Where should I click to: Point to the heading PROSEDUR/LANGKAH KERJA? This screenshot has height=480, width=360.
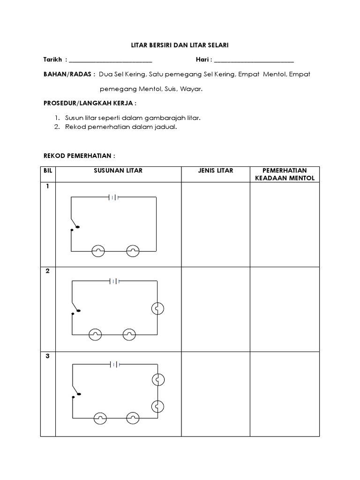pyautogui.click(x=90, y=103)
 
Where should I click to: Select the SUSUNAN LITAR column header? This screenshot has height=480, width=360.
pyautogui.click(x=118, y=171)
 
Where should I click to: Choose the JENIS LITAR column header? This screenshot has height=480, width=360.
pyautogui.click(x=215, y=171)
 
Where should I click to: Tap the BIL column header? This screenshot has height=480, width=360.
pyautogui.click(x=48, y=171)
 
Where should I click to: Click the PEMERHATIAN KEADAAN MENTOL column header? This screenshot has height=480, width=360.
pyautogui.click(x=285, y=174)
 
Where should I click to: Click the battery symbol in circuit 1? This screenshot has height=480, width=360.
pyautogui.click(x=113, y=197)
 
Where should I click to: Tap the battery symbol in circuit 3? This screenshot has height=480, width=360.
pyautogui.click(x=114, y=364)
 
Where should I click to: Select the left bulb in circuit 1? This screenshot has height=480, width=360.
pyautogui.click(x=98, y=251)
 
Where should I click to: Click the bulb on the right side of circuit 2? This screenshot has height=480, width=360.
pyautogui.click(x=157, y=308)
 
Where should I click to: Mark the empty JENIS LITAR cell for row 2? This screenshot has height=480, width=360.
pyautogui.click(x=215, y=309)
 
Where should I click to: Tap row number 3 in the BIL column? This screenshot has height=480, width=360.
pyautogui.click(x=48, y=356)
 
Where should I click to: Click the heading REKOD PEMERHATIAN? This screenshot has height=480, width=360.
pyautogui.click(x=79, y=155)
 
